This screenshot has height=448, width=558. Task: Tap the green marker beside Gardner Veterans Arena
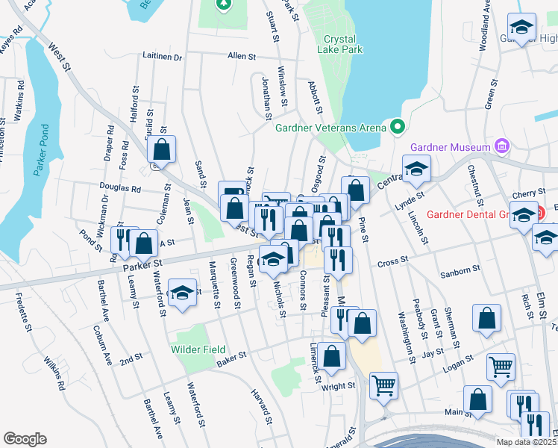(x=397, y=127)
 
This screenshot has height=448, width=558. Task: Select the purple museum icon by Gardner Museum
(x=502, y=146)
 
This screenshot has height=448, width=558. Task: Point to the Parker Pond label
(x=40, y=149)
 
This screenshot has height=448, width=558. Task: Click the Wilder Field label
(x=198, y=349)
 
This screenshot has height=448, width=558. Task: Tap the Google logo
(x=25, y=439)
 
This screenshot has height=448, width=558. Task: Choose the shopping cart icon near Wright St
(x=383, y=386)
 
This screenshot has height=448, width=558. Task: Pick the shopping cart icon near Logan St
(x=501, y=367)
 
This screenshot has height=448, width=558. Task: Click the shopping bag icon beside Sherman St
(x=486, y=319)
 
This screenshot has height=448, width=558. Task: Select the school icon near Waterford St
(x=181, y=293)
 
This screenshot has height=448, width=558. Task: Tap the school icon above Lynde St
(x=416, y=169)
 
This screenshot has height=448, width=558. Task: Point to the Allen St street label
(x=242, y=56)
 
